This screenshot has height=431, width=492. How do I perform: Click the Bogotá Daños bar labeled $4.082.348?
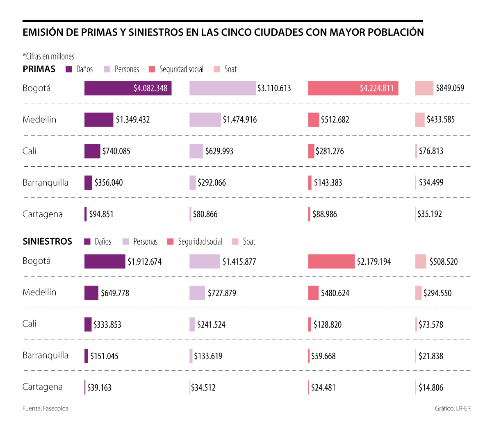128,88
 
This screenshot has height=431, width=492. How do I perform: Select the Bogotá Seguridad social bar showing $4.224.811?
353,88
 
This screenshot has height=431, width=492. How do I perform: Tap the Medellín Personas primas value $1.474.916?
240,120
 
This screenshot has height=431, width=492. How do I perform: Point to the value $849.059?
450,88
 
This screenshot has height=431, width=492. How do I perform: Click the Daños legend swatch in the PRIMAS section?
69,69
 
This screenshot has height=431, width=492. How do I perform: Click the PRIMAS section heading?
39,69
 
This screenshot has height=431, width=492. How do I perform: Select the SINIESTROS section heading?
47,241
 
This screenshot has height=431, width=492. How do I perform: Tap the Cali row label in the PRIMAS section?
30,151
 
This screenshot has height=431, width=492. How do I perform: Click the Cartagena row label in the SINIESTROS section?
43,387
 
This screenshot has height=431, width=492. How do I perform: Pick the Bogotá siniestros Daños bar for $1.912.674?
105,261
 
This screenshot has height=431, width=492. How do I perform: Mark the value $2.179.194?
374,261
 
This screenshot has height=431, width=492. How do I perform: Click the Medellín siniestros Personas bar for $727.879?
197,293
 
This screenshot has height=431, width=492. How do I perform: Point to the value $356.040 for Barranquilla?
109,183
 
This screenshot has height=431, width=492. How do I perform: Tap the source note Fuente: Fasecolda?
46,408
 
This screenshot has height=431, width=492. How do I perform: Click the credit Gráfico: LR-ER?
453,408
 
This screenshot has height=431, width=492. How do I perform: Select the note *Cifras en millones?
48,57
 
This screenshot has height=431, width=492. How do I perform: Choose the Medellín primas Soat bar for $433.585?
420,120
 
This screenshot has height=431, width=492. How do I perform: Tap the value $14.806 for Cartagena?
431,388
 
